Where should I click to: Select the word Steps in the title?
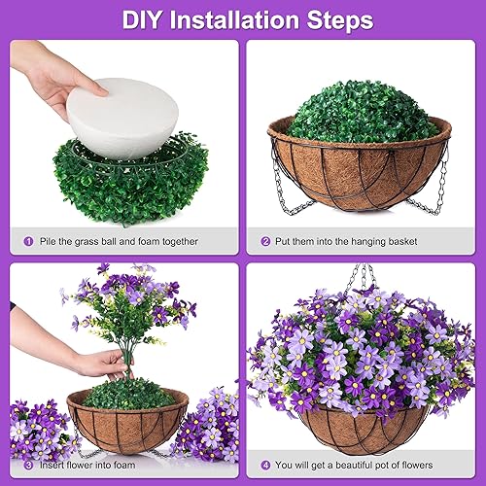point(339,19)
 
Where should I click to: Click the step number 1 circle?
point(26,241)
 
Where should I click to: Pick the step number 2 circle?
point(264,241)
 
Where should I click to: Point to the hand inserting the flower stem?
point(97,362)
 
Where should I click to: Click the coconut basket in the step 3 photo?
point(126,428)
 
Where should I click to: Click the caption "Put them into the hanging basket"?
point(354,241)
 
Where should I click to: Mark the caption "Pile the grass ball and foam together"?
point(120,241)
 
